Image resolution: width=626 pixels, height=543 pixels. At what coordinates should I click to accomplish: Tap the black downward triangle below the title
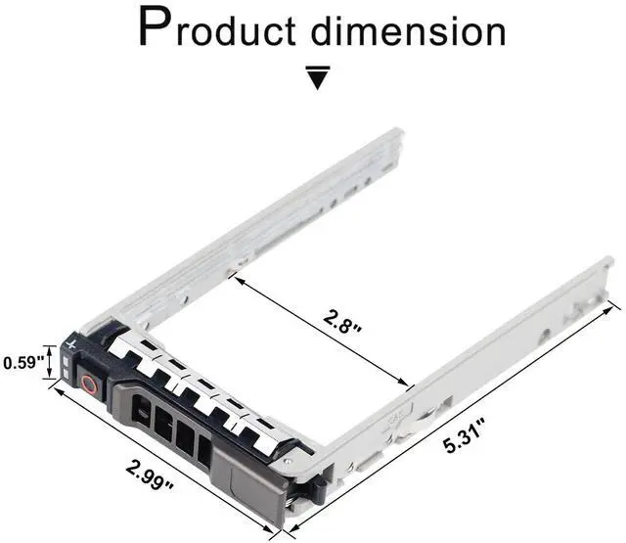tap(315, 78)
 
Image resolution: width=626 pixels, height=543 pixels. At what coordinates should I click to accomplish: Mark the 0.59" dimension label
tap(21, 363)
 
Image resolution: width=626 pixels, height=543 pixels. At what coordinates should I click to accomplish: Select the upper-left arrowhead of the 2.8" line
tap(235, 279)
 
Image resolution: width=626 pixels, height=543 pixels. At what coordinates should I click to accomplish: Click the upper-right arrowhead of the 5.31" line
tap(615, 305)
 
